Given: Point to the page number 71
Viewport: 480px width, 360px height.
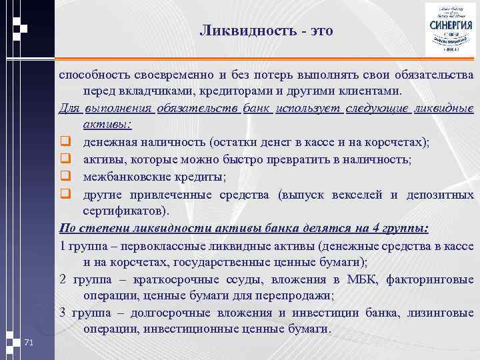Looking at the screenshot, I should pyautogui.click(x=28, y=342).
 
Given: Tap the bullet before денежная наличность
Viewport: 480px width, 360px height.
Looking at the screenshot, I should pyautogui.click(x=65, y=142).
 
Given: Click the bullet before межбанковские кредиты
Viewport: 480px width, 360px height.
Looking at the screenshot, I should pyautogui.click(x=65, y=177).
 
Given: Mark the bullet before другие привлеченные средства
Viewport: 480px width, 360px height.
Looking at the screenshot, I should pyautogui.click(x=65, y=194).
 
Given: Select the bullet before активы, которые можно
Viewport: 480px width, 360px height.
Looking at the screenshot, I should pyautogui.click(x=65, y=159).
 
